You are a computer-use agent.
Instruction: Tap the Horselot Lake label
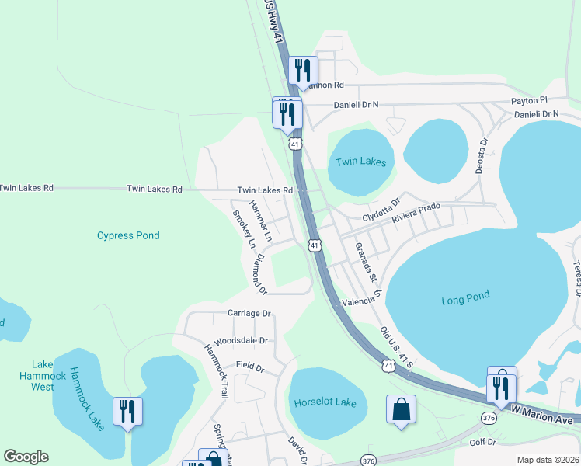(325, 402)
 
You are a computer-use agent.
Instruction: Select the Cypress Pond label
(128, 235)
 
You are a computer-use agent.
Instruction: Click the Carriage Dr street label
(249, 314)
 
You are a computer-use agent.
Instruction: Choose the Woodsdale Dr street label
(241, 340)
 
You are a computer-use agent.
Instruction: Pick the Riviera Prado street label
(418, 210)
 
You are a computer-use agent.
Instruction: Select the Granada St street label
(365, 262)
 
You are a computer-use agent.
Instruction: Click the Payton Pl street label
(529, 100)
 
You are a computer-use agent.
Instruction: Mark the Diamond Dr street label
(260, 274)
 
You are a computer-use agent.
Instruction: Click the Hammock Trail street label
(216, 371)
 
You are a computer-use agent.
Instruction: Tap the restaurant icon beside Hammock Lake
(127, 410)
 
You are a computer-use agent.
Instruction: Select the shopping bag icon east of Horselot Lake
(401, 409)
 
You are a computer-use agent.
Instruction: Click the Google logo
(26, 457)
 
